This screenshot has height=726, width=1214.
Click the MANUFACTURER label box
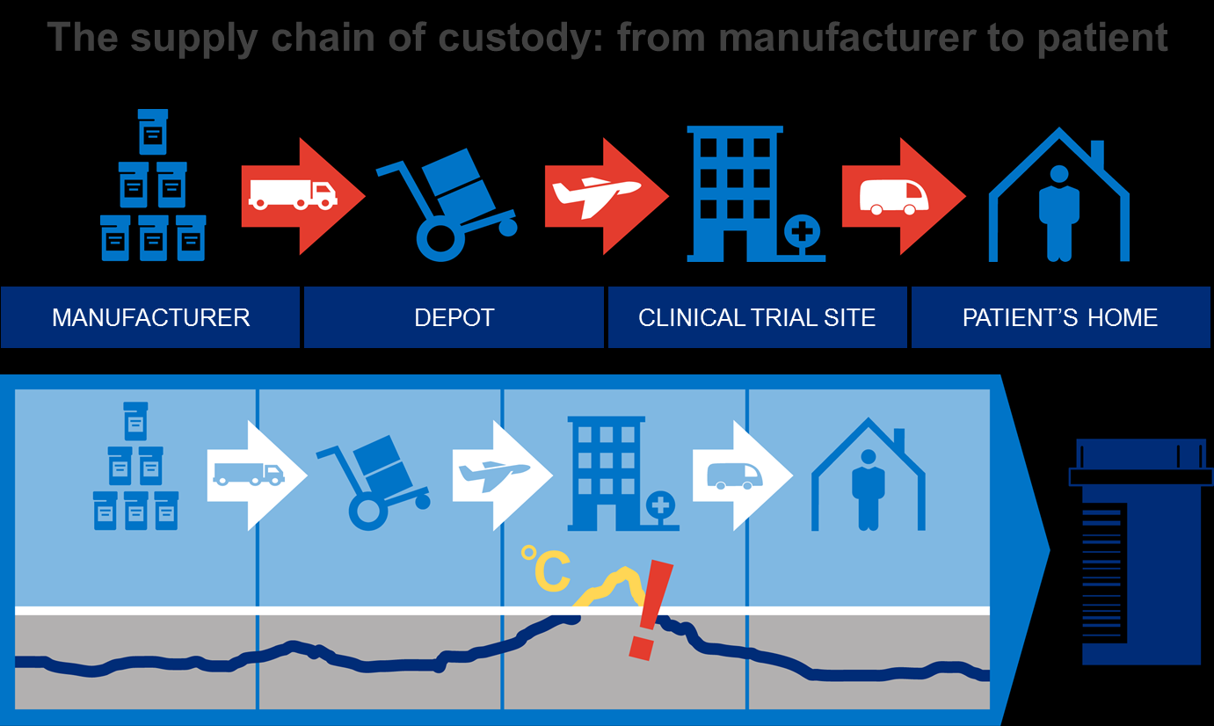pos(150,317)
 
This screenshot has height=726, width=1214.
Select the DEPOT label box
pos(454,317)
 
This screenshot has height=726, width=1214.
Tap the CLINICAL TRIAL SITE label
pos(757,317)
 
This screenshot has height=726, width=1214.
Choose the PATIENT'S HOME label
pos(1060,317)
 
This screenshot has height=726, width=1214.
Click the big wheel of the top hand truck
pos(438,239)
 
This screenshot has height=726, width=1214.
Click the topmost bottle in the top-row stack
pos(153,132)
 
